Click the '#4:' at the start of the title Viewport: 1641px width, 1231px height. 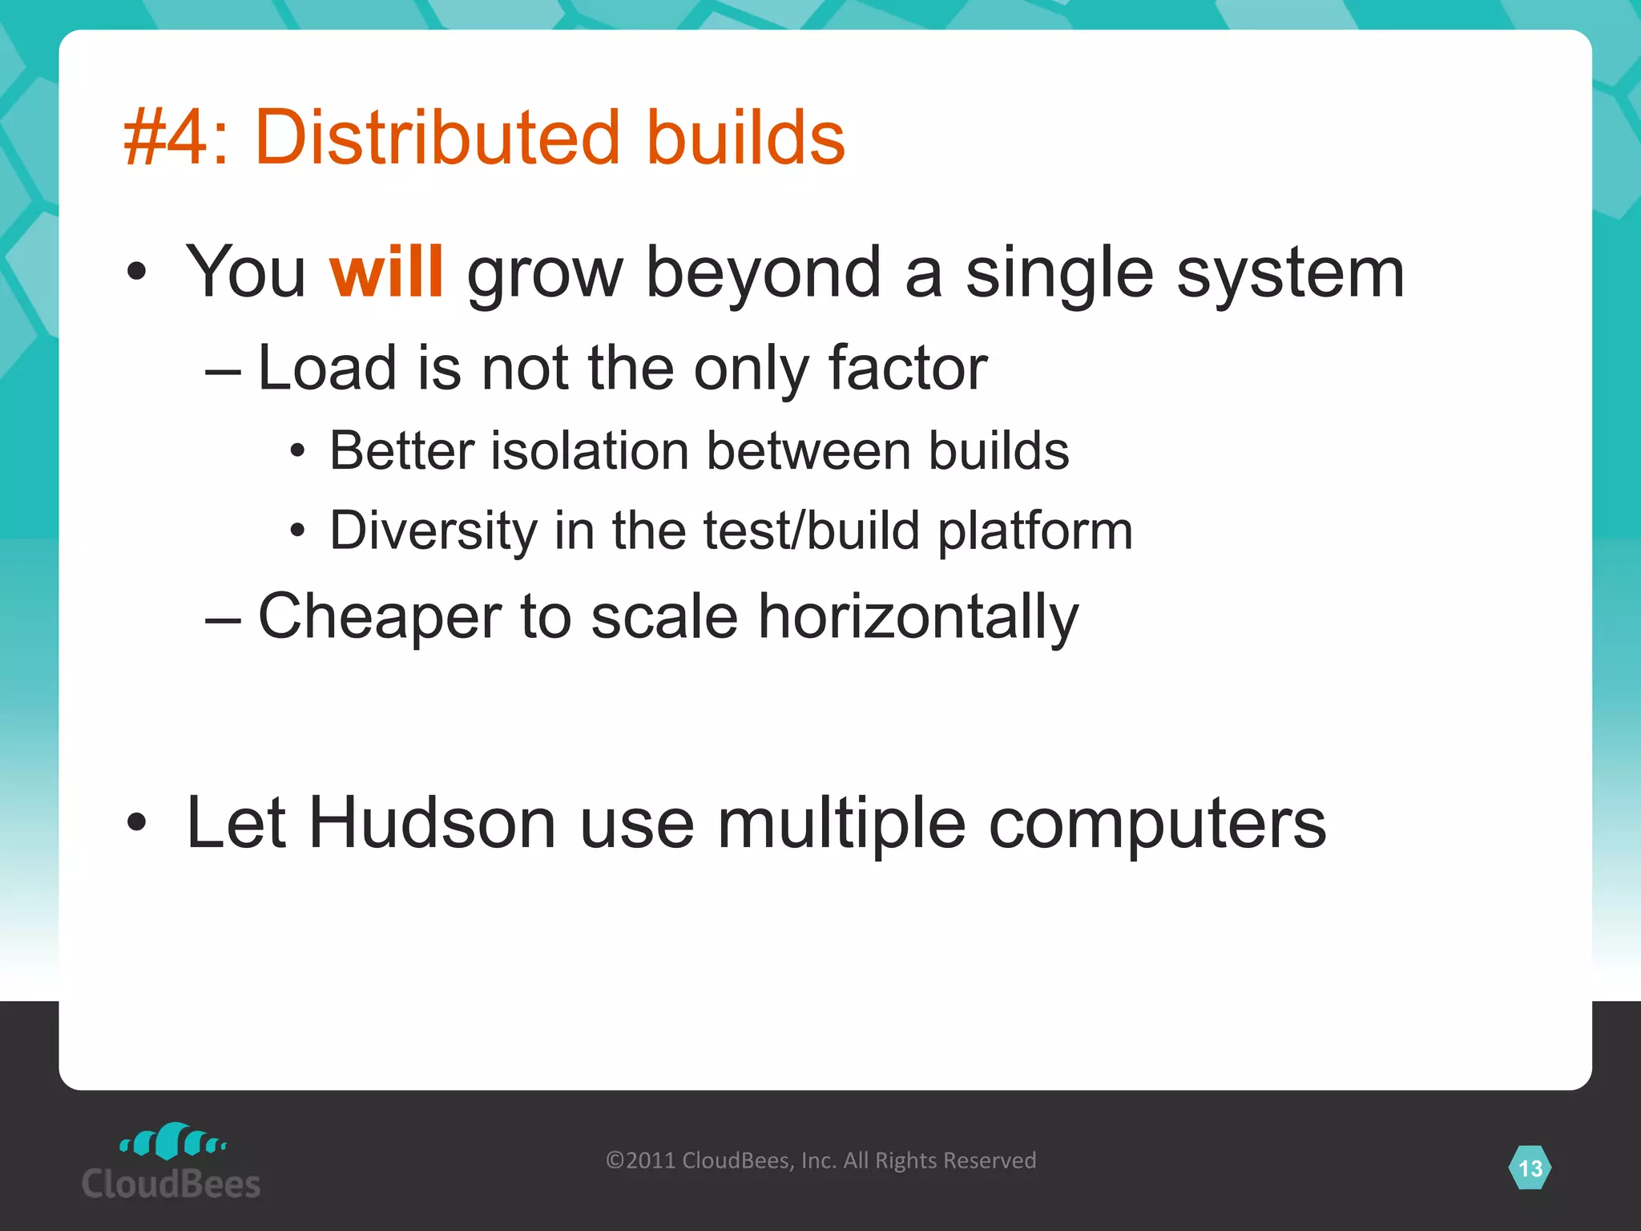(175, 138)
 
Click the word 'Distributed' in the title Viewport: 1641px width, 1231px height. (437, 138)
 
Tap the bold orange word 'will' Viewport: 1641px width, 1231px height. (386, 272)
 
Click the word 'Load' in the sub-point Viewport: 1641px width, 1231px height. (327, 368)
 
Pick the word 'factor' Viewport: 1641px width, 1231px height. (907, 368)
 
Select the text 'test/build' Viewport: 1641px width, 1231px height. (812, 531)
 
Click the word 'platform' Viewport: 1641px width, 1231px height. (1035, 532)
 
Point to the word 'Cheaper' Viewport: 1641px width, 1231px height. (380, 616)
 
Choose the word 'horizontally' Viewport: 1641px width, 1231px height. (918, 618)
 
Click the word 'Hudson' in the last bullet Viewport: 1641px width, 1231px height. (433, 823)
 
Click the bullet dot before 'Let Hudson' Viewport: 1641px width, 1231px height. (137, 823)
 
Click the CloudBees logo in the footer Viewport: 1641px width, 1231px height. (171, 1162)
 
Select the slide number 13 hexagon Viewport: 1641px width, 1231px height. (1530, 1168)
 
